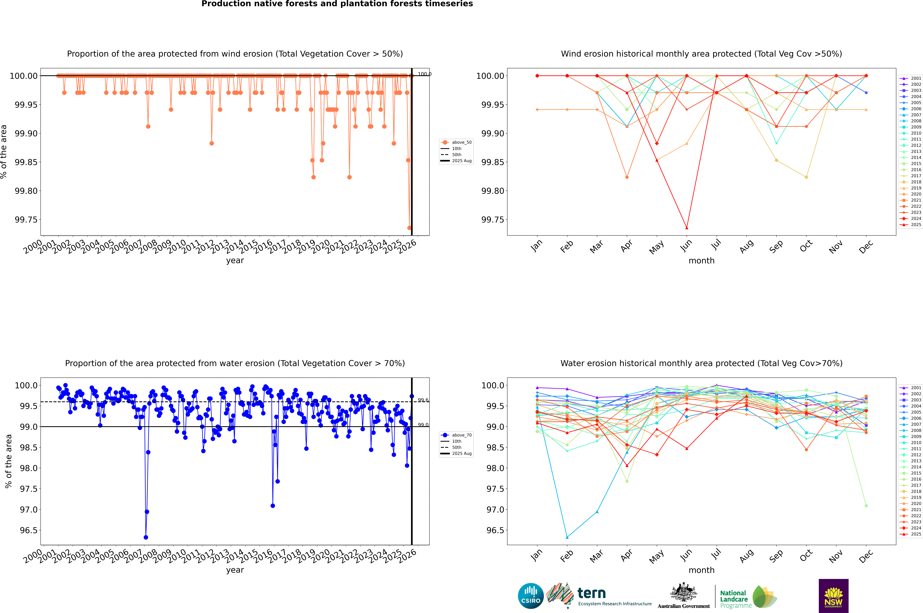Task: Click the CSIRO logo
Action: click(531, 596)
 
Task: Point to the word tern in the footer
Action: click(592, 593)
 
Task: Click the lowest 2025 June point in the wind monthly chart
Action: click(687, 228)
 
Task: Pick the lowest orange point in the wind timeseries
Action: click(409, 228)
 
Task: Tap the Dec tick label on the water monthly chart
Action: click(866, 556)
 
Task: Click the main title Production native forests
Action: click(337, 4)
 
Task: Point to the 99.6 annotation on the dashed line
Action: click(423, 400)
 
